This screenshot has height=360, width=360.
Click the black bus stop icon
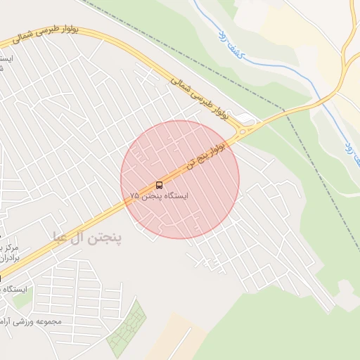point(159,186)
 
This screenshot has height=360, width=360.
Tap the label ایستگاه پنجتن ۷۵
point(160,197)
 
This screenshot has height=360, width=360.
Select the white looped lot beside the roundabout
point(244,117)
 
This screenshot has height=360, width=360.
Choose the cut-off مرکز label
point(10,247)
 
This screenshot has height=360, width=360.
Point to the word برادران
point(10,258)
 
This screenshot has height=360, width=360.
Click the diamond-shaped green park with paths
point(127,328)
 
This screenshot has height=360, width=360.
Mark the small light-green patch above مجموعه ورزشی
point(21,300)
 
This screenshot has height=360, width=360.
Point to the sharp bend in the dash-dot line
point(284,110)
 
